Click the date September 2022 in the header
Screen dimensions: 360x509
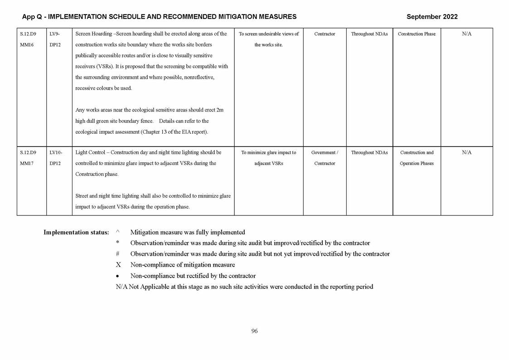(x=431, y=17)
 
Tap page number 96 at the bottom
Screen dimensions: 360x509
(x=254, y=331)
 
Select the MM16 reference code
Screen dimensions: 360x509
(x=27, y=45)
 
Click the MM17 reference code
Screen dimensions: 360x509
(x=27, y=163)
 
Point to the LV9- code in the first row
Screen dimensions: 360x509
(x=54, y=34)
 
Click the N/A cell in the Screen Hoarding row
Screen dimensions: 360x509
(x=466, y=34)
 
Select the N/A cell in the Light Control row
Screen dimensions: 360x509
(x=466, y=152)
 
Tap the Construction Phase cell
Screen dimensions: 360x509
(x=417, y=34)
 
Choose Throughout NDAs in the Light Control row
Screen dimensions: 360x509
(x=369, y=152)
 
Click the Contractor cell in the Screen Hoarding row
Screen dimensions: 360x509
(x=325, y=34)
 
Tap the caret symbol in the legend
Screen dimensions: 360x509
(x=118, y=232)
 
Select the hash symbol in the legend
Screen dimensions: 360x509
(x=118, y=254)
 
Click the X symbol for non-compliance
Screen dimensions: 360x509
(x=118, y=265)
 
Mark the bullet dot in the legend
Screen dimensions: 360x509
(x=118, y=276)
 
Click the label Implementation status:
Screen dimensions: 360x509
(x=76, y=232)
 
